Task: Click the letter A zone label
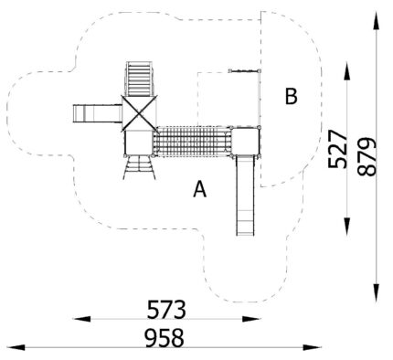click(x=200, y=189)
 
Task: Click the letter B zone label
click(x=291, y=96)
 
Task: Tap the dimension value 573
click(x=166, y=310)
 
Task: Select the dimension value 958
click(x=165, y=337)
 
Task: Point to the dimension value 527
click(x=337, y=149)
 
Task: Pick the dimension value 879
click(x=366, y=157)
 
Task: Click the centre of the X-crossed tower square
click(x=139, y=113)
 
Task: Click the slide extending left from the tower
click(x=98, y=113)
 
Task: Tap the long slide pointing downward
click(x=245, y=196)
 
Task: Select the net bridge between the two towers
click(x=192, y=142)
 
